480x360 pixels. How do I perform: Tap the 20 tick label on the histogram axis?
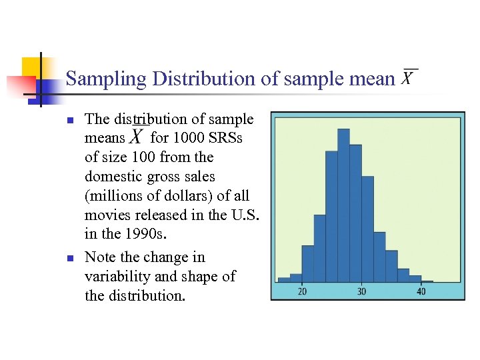(x=302, y=291)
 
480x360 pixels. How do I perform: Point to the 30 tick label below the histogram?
(x=361, y=291)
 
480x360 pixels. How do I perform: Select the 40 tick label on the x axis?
(x=421, y=291)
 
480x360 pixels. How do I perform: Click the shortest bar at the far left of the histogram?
(x=283, y=279)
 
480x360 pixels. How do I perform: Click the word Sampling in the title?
(x=106, y=79)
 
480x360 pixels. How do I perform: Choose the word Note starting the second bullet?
(x=100, y=257)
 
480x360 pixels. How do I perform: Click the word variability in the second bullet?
(x=115, y=276)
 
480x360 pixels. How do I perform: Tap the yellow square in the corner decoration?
(x=31, y=65)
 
